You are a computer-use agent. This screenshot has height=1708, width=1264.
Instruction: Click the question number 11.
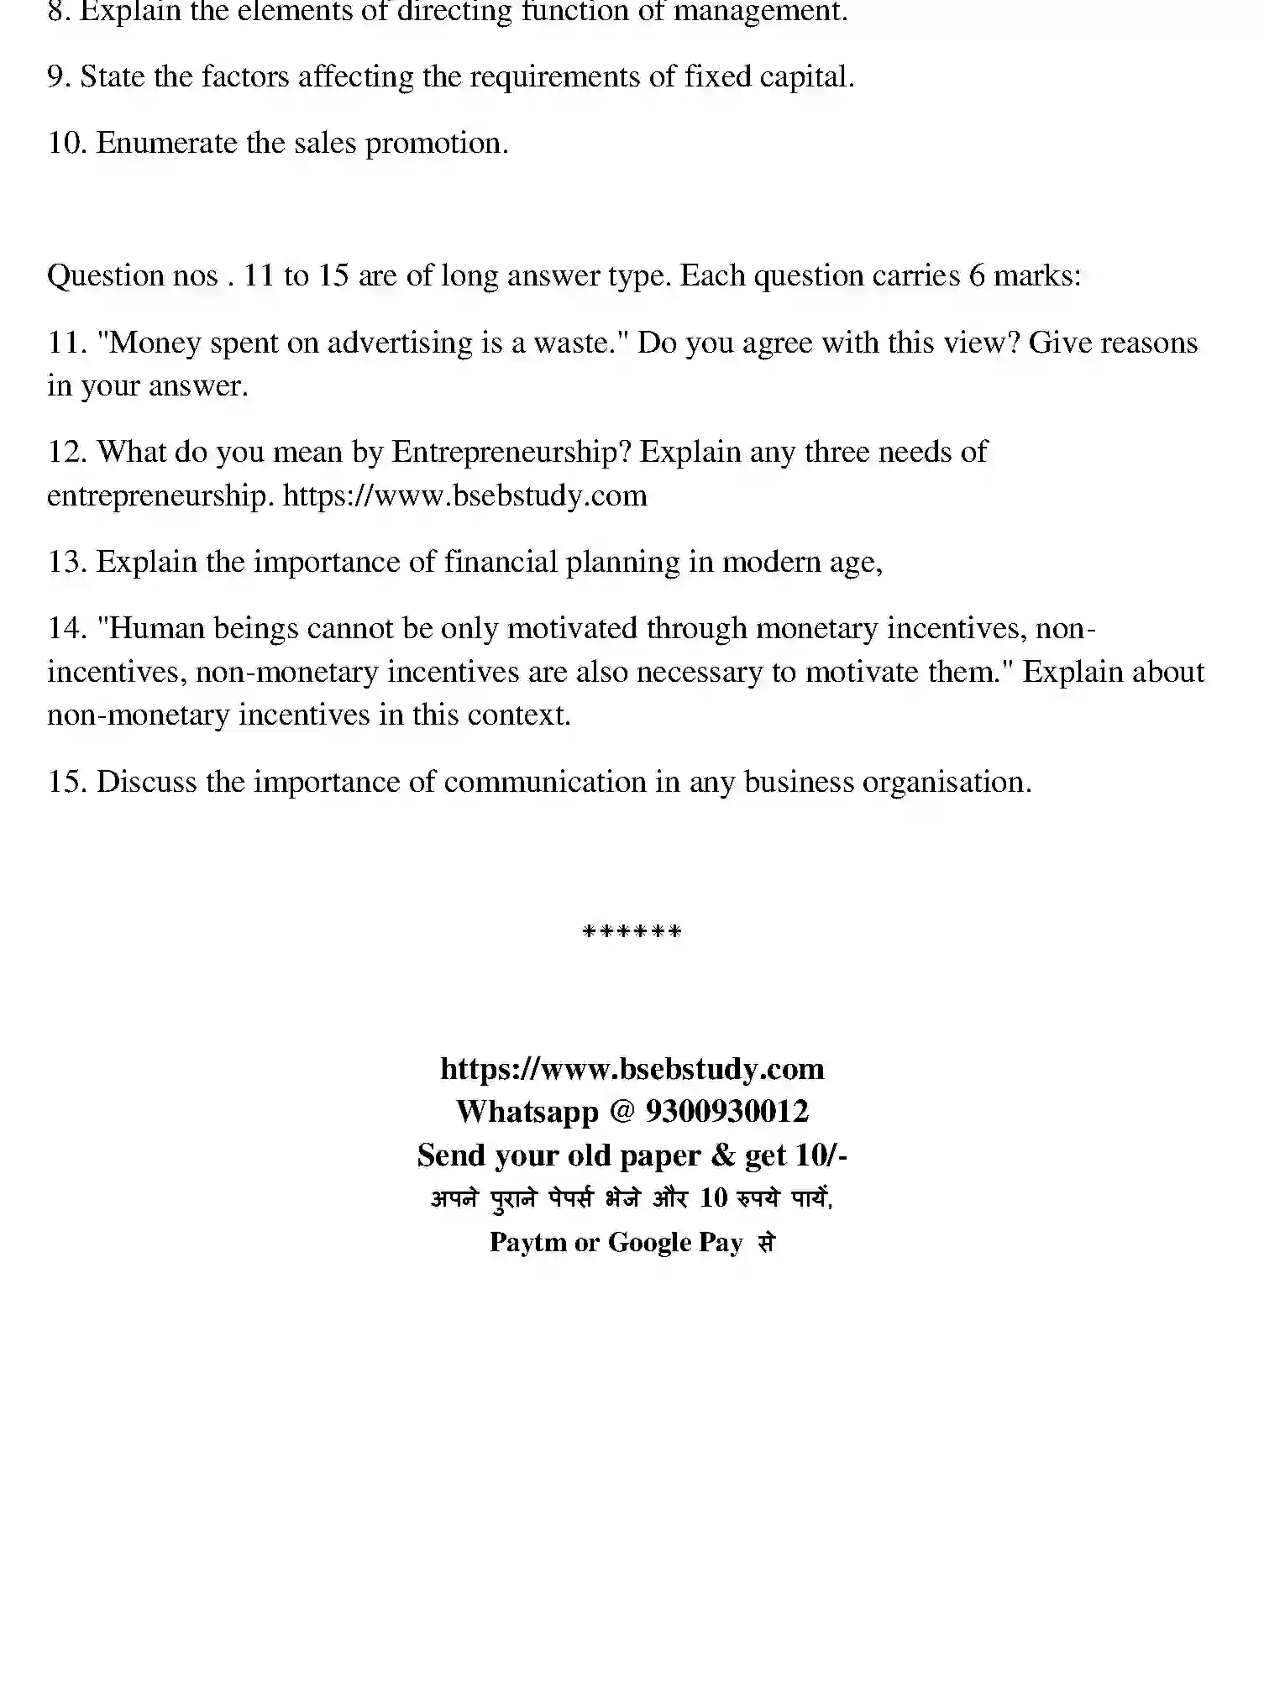point(67,343)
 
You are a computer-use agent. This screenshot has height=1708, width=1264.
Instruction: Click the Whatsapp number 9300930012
point(726,1112)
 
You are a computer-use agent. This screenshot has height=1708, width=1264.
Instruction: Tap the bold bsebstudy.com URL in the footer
point(632,1069)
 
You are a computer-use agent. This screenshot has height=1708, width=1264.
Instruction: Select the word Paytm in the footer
point(527,1242)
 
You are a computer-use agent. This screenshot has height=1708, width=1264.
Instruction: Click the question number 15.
point(67,783)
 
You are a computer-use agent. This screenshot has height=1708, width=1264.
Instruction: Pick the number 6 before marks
point(977,276)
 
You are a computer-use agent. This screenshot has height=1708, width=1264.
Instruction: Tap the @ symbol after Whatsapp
point(622,1112)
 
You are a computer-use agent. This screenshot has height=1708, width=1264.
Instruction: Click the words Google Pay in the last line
point(675,1242)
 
